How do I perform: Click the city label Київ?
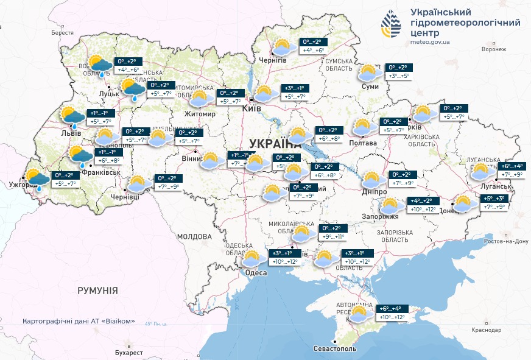(251, 108)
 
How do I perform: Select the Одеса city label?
(256, 273)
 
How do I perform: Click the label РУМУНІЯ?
(97, 291)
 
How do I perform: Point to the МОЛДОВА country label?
(194, 236)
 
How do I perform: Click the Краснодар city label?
(487, 330)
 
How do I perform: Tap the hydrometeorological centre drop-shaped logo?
(391, 23)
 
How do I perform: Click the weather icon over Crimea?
(359, 314)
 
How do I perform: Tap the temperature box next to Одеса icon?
(284, 258)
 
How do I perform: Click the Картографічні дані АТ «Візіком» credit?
(79, 321)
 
